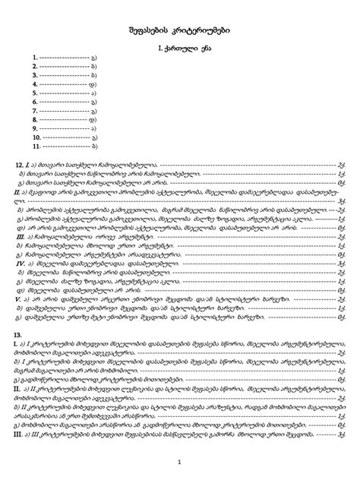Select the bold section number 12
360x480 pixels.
tap(19, 163)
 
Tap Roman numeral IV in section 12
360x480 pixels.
tap(19, 263)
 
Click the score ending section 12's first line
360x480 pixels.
tap(343, 163)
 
